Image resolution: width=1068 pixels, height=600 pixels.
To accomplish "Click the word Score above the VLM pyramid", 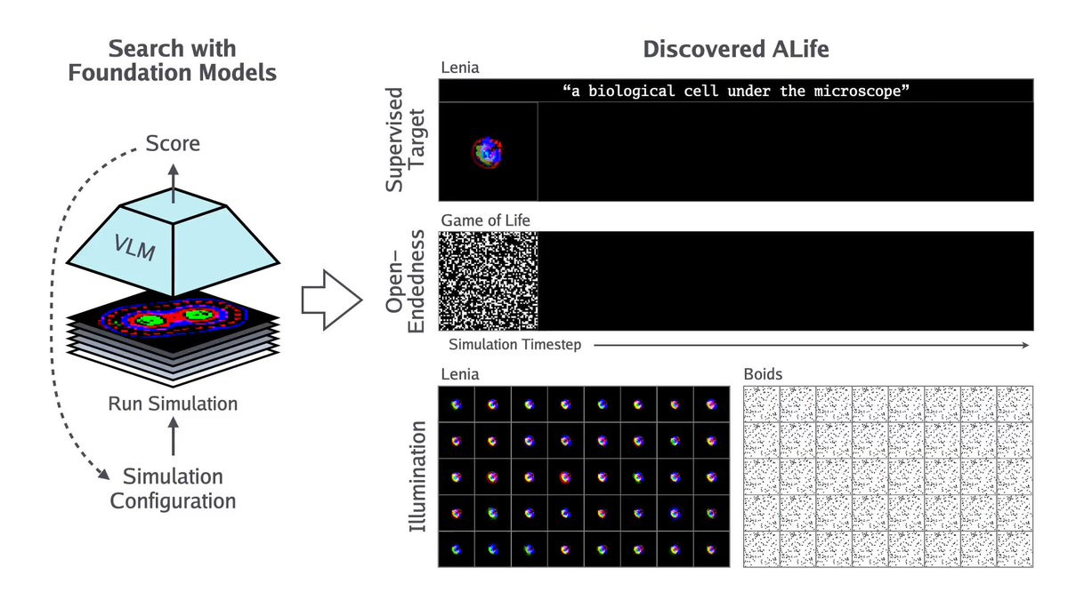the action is (173, 143).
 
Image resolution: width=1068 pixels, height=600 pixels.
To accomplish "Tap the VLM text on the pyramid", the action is (134, 248).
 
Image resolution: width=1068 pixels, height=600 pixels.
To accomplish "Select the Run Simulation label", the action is (173, 404).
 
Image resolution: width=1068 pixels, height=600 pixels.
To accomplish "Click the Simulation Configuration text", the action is (173, 489).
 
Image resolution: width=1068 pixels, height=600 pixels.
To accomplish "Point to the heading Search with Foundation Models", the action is (172, 60).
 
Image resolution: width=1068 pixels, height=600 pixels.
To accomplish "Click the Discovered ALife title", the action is (736, 49).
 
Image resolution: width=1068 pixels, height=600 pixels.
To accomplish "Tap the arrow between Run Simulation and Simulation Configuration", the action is (173, 436).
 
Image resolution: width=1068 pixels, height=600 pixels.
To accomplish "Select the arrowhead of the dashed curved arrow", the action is (103, 473).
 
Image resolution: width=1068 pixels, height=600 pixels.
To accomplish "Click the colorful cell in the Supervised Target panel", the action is (487, 152).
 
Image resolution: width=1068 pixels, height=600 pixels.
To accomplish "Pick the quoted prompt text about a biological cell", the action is (736, 91).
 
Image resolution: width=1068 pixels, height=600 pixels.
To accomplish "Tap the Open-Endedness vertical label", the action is (405, 281).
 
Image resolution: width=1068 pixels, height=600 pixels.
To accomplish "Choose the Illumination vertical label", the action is (417, 476).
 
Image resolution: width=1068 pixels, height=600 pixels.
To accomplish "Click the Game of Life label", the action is (485, 220).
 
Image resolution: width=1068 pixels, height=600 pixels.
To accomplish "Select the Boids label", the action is (763, 374).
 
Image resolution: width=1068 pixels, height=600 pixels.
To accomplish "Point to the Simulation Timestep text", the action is (515, 344).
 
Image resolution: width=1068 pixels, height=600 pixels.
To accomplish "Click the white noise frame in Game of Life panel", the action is (489, 281).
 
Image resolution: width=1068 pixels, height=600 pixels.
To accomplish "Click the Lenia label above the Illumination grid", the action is (460, 374).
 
